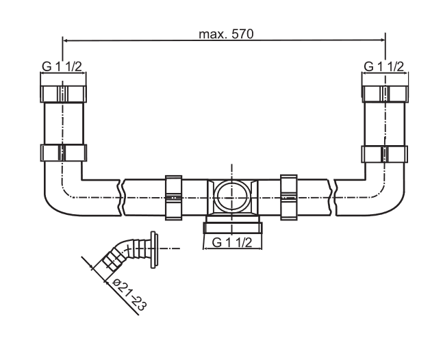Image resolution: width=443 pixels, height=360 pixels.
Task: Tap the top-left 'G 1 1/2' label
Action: point(62,66)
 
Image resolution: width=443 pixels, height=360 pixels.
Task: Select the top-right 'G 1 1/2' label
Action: point(383,66)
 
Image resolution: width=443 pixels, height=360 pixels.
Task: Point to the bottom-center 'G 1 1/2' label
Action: point(232,242)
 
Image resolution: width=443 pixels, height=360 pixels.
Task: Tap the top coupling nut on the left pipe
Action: point(62,94)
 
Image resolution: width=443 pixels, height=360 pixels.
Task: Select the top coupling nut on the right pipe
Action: point(384,94)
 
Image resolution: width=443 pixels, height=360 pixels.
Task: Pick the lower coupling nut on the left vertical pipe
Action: point(62,152)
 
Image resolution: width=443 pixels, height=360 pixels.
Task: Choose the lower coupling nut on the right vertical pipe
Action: point(384,152)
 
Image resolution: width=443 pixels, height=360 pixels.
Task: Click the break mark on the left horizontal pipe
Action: point(121,196)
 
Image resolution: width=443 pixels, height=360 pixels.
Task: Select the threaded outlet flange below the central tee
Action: point(232,225)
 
